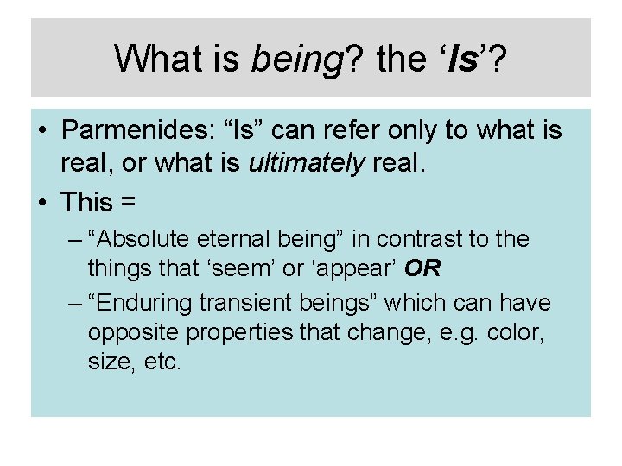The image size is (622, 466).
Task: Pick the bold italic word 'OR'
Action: tap(423, 268)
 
